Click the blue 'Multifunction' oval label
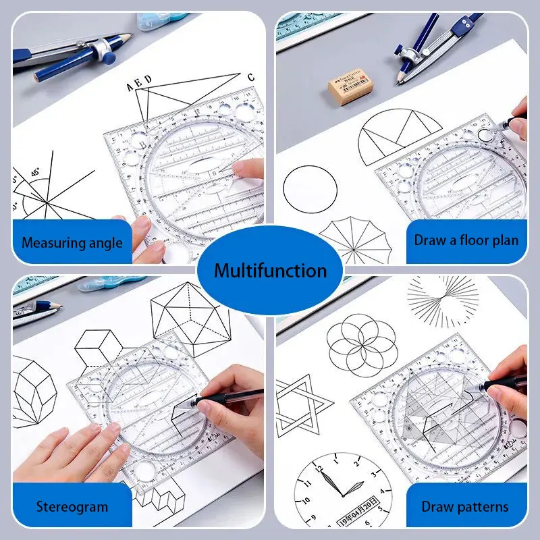(x=270, y=271)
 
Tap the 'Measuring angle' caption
(x=72, y=242)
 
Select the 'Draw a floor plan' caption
(x=466, y=240)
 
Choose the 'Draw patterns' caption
(x=465, y=506)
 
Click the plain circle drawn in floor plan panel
(x=310, y=189)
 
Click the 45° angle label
(x=34, y=172)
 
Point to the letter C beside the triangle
(x=250, y=76)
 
